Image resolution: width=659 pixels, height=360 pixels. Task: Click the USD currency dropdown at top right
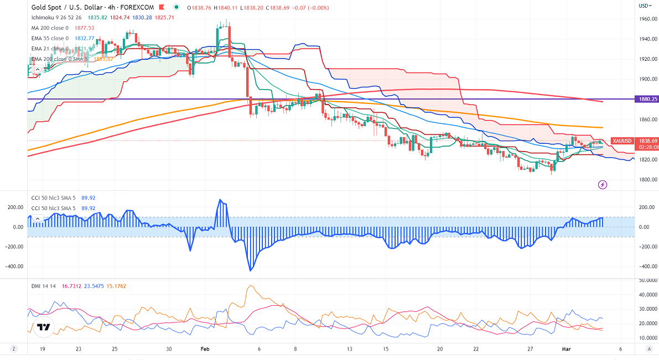[x=645, y=6]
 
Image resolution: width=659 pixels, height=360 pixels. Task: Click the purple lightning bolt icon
[x=603, y=184]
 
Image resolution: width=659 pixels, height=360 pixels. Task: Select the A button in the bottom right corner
[x=647, y=349]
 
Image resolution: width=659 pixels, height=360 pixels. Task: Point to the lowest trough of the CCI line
[x=251, y=270]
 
